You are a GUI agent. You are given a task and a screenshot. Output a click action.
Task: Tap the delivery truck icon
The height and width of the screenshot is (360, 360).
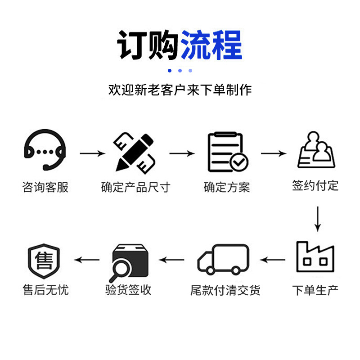point(223,260)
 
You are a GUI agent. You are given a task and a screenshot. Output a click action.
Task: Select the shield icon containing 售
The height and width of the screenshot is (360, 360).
point(44,261)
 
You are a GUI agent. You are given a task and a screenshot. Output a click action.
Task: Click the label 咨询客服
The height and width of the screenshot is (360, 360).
point(45,187)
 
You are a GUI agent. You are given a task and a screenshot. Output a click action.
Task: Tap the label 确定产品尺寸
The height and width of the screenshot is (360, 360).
point(135,187)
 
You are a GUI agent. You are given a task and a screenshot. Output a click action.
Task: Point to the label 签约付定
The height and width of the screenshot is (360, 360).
point(315,185)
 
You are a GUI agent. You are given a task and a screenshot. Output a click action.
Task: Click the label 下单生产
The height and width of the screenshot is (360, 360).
point(315,290)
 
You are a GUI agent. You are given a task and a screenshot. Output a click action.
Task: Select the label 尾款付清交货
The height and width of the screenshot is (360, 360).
point(225,290)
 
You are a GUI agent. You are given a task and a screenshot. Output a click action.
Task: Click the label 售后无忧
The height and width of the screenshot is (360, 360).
point(45,290)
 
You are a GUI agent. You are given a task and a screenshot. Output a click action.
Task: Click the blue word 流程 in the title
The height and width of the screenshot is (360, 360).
point(211,45)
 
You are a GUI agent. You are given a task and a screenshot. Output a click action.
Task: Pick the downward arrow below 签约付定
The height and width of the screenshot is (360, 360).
point(318,218)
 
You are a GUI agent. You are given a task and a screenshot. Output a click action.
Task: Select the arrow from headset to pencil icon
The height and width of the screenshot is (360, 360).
point(92,153)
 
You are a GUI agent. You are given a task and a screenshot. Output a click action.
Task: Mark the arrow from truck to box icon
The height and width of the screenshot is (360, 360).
point(172,260)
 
